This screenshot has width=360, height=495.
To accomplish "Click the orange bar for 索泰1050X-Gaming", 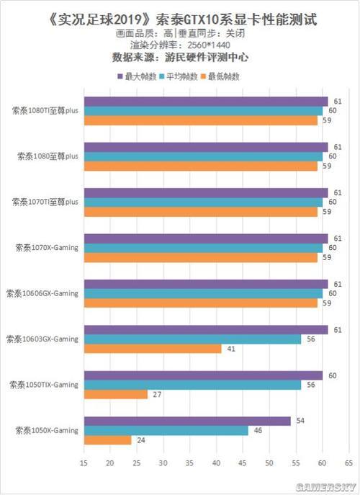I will click(x=108, y=440).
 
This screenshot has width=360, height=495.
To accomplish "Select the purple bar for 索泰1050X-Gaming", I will click(x=187, y=421).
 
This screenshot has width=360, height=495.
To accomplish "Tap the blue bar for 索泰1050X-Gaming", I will click(x=166, y=430).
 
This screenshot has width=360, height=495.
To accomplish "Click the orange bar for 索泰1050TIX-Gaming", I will click(x=116, y=394).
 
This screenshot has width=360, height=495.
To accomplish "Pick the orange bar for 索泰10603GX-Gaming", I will click(x=153, y=349).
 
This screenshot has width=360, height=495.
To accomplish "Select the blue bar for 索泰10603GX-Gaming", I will click(x=192, y=339).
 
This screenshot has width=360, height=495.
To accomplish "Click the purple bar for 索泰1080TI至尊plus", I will click(x=206, y=102).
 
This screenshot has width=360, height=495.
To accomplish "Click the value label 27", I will click(x=156, y=394).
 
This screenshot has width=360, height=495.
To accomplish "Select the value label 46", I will click(x=256, y=430).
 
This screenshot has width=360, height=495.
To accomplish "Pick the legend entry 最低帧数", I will click(x=224, y=76).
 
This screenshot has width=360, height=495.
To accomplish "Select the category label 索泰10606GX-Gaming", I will click(x=42, y=293).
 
